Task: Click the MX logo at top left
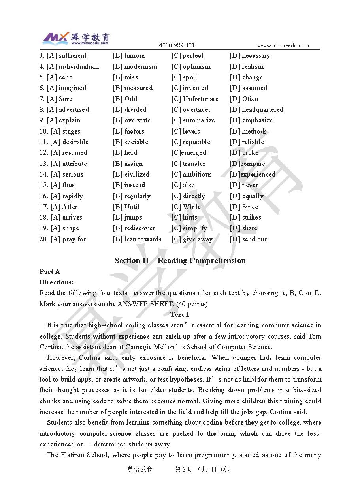(56, 38)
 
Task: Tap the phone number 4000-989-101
(177, 45)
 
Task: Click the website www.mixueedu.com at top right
(283, 45)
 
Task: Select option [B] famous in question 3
(129, 56)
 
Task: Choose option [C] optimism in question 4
(191, 66)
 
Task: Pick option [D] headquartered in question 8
(256, 109)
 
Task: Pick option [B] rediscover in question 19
(134, 228)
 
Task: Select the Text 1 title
(179, 314)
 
